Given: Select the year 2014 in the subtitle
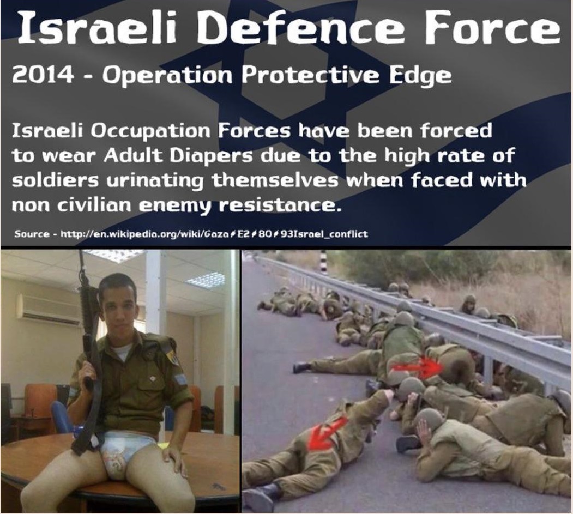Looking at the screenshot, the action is coord(43,76).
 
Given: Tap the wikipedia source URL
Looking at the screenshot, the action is coord(214,234).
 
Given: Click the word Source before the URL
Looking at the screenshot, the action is coord(32,234).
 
